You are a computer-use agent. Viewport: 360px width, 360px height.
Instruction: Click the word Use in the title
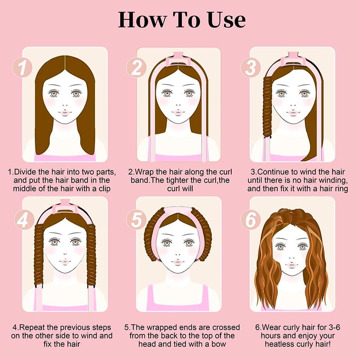pyautogui.click(x=226, y=20)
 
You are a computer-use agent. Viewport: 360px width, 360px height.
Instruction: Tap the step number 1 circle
pyautogui.click(x=22, y=67)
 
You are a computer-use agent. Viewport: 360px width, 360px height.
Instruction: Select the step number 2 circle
pyautogui.click(x=136, y=67)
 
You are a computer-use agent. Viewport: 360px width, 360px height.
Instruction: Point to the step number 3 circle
pyautogui.click(x=251, y=67)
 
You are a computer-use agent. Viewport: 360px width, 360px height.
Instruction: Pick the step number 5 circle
pyautogui.click(x=136, y=220)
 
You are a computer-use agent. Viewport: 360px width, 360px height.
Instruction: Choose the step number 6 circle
pyautogui.click(x=251, y=220)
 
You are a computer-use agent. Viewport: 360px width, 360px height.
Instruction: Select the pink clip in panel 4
pyautogui.click(x=65, y=207)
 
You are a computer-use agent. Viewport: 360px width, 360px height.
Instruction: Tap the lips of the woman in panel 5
pyautogui.click(x=178, y=262)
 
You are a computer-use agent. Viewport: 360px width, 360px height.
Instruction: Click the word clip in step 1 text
pyautogui.click(x=104, y=189)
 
